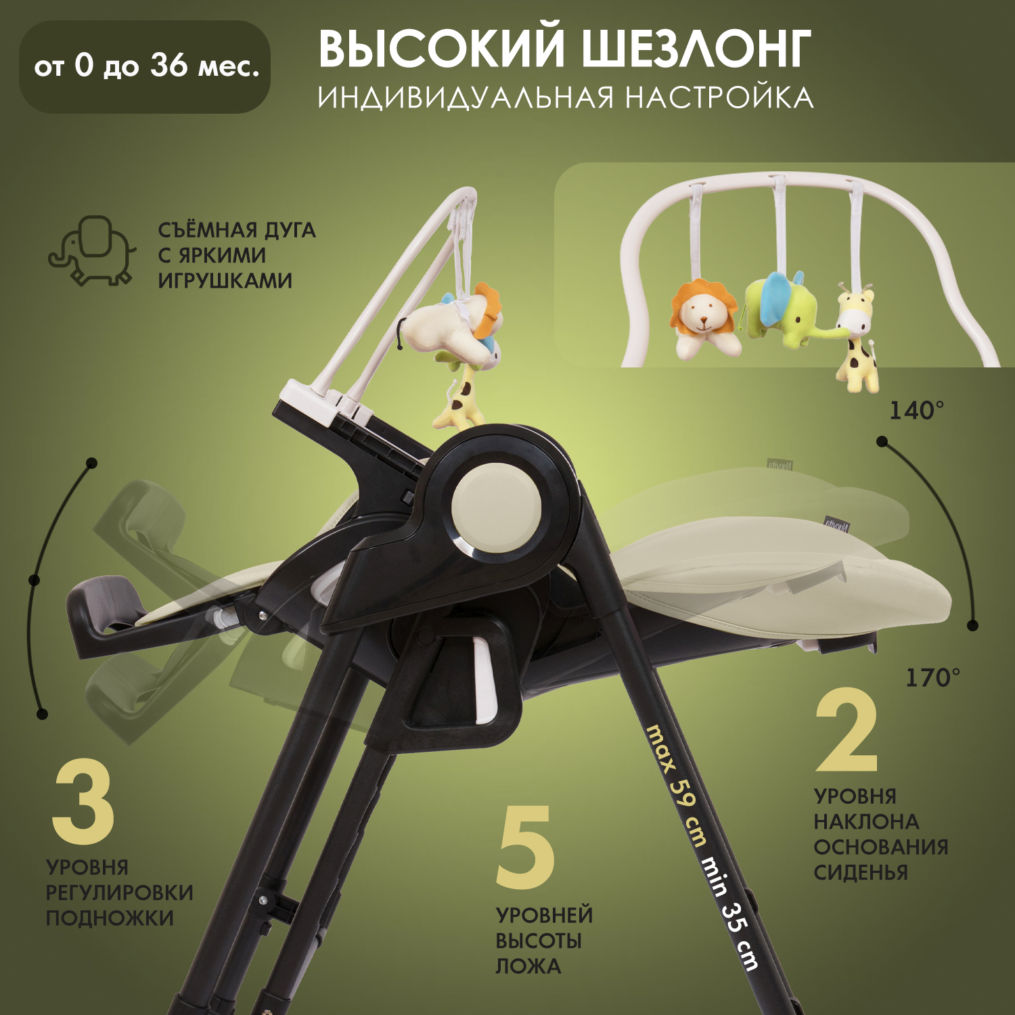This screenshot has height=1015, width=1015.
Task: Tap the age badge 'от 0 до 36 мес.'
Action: pyautogui.click(x=145, y=66)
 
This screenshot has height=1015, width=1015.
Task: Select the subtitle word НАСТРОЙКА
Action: pyautogui.click(x=719, y=97)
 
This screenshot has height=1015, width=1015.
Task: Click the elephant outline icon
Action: pyautogui.click(x=90, y=250)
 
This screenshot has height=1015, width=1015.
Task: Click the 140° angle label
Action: pyautogui.click(x=916, y=410)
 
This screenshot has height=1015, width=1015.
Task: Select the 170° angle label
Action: pyautogui.click(x=932, y=677)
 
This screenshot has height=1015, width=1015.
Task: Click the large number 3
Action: pyautogui.click(x=83, y=803)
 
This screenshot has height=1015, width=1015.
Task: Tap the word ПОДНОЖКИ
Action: pyautogui.click(x=110, y=918)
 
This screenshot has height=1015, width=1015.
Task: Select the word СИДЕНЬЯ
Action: pyautogui.click(x=861, y=872)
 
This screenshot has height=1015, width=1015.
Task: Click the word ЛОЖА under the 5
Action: pyautogui.click(x=528, y=966)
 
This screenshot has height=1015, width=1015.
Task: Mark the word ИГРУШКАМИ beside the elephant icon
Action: pyautogui.click(x=225, y=280)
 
